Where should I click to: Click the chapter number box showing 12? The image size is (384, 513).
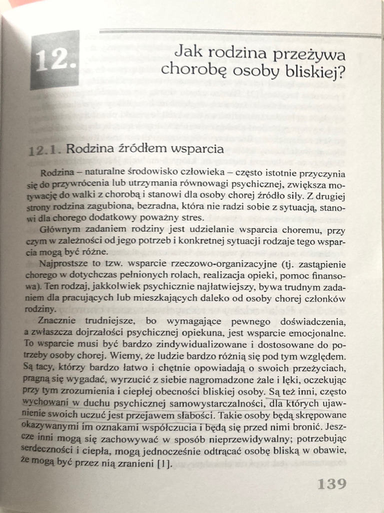pyautogui.click(x=54, y=60)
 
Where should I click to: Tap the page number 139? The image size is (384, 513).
pyautogui.click(x=331, y=484)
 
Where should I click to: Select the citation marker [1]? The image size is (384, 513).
pyautogui.click(x=163, y=463)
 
